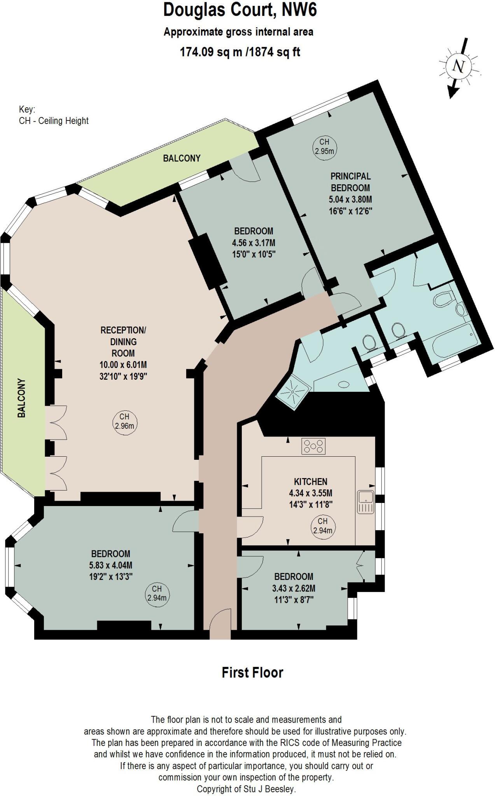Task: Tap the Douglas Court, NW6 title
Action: (x=240, y=10)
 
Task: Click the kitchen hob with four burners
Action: (x=313, y=446)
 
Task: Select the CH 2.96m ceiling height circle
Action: (x=124, y=421)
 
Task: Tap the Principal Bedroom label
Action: (x=350, y=182)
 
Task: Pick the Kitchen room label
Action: (x=310, y=482)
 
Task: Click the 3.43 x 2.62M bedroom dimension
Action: (x=294, y=588)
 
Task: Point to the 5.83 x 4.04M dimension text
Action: (x=111, y=565)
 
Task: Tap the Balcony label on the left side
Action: (x=21, y=398)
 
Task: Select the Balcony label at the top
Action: (x=182, y=158)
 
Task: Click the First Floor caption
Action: (x=252, y=672)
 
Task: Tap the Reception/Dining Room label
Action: (x=123, y=342)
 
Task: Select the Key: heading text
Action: (x=27, y=109)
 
